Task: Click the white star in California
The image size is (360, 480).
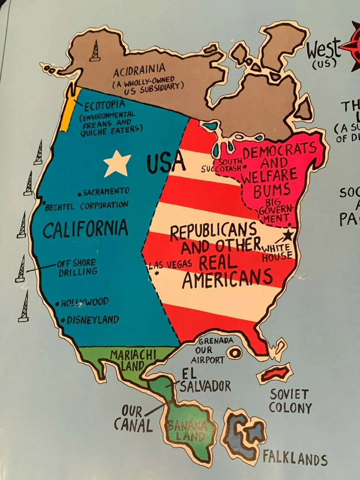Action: coord(117,163)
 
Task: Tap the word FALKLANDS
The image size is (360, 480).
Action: coord(295,458)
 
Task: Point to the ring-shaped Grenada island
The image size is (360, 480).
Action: coord(234,353)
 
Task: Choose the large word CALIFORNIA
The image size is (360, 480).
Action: coord(86,228)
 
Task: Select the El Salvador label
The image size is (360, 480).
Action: coord(204,381)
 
